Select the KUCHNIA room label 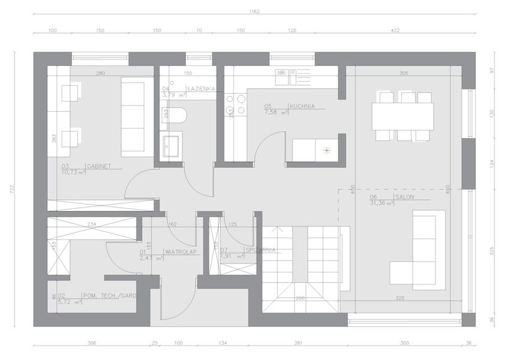(x=302, y=106)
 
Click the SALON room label (x=404, y=196)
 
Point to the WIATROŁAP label (x=179, y=251)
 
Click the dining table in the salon (x=403, y=116)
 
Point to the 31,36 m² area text (x=381, y=204)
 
